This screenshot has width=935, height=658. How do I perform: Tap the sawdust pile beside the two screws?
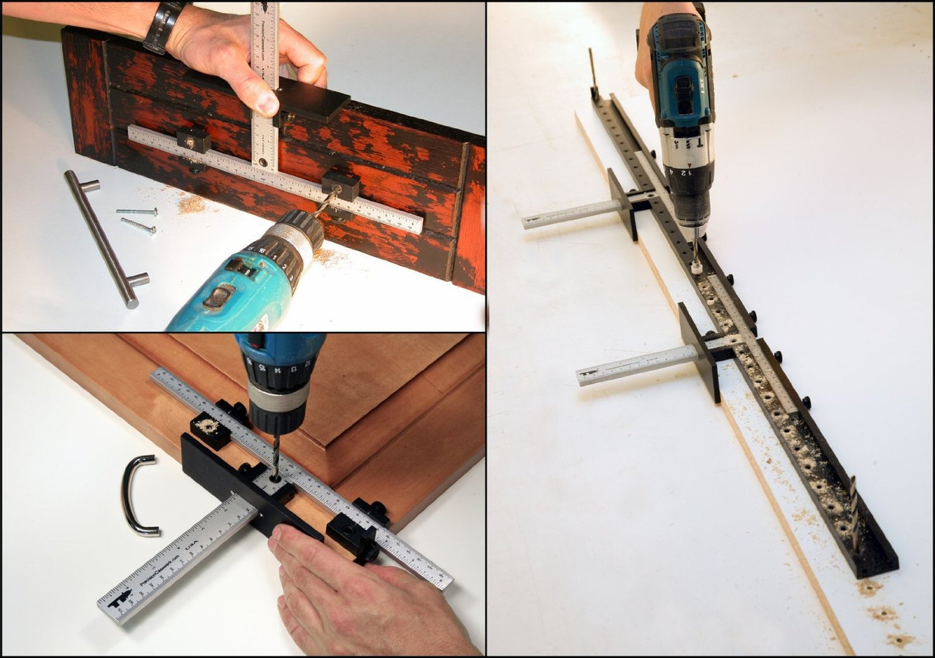tap(191, 204)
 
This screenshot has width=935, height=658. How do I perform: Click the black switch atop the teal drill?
tap(218, 297)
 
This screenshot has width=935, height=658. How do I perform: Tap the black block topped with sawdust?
tap(210, 431)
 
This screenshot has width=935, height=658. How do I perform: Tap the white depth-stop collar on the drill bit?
tap(696, 266)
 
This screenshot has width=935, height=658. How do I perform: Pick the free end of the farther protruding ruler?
tap(529, 222)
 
